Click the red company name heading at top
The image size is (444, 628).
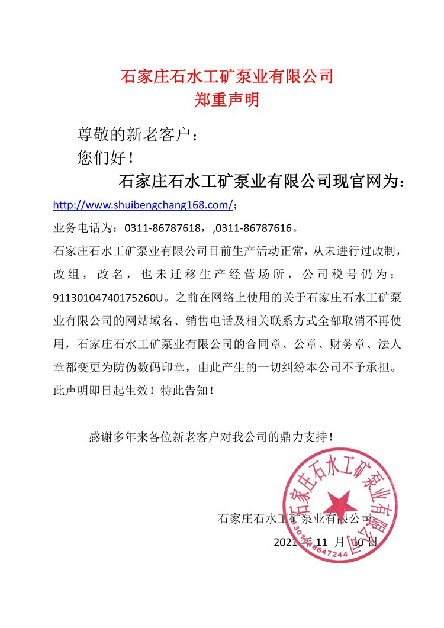point(227,76)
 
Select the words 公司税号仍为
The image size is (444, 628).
point(340,274)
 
